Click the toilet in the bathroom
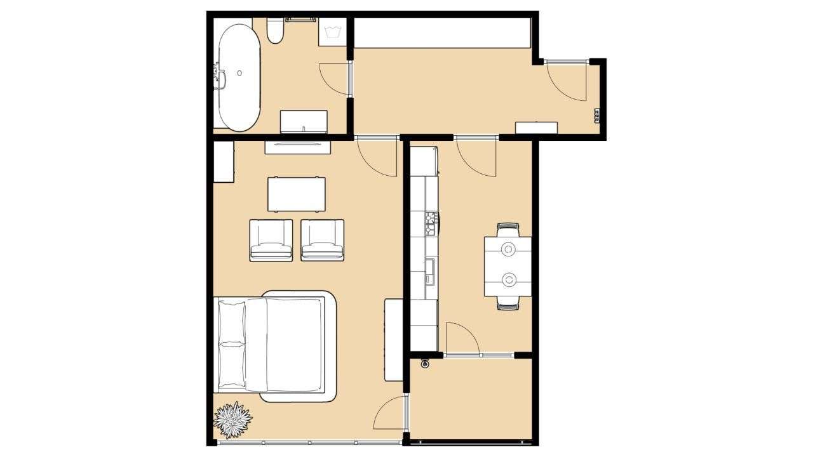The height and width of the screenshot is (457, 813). point(275,31)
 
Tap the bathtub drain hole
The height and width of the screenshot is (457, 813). point(239,73)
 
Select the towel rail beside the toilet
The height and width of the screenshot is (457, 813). point(300,20)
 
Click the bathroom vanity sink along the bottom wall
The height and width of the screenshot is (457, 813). point(304,122)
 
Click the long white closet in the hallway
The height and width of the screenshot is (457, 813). point(441,33)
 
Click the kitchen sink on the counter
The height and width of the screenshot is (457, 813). point(430,270)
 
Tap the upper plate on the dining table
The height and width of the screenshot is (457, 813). point(508,249)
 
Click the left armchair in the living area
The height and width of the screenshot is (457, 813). point(271,240)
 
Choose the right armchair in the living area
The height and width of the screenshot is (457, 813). point(322,240)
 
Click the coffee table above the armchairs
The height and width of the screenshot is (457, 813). point(297,194)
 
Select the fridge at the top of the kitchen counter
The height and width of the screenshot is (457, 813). point(424,161)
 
